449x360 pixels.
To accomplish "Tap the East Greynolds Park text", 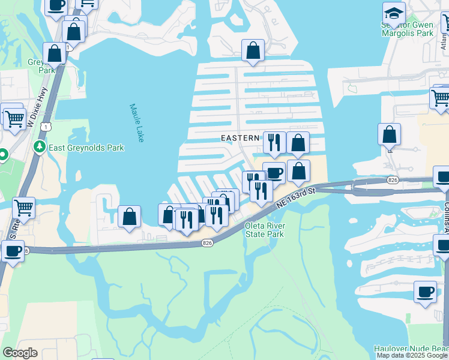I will (x=86, y=148).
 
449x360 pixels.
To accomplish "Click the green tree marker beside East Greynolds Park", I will (x=40, y=146).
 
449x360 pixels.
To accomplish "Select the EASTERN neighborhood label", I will (x=240, y=138).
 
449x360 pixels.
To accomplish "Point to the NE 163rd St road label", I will (x=295, y=198).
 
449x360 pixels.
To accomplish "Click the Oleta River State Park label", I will (x=265, y=230).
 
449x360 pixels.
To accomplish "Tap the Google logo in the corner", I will (x=20, y=353).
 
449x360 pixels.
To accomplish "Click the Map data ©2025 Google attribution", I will (x=412, y=355).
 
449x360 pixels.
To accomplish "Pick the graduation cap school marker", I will (x=394, y=13).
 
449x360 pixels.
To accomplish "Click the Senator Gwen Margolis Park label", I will (x=408, y=29).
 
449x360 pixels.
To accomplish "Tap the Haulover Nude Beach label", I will (x=411, y=349).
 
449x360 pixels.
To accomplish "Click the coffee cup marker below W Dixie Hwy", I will (x=13, y=251).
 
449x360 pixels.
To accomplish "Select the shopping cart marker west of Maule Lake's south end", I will (x=23, y=208).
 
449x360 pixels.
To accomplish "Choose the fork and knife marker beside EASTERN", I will (x=274, y=142).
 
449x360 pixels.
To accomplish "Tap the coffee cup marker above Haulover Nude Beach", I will (x=425, y=292).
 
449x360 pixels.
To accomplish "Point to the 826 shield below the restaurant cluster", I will (x=208, y=242).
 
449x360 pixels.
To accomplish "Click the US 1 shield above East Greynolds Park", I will (x=45, y=126).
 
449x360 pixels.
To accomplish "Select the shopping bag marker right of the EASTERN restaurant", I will (x=298, y=143).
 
